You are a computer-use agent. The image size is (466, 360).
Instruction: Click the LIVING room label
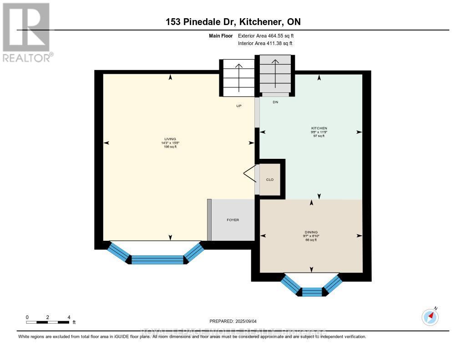tap(170, 139)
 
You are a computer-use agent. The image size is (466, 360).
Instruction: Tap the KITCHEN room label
tap(322, 128)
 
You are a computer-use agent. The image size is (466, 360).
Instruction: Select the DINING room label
tap(312, 232)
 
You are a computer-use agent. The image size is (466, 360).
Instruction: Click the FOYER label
tap(233, 220)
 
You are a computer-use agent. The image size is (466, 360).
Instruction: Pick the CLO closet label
tap(270, 180)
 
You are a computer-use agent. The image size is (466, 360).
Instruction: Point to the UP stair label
tap(238, 106)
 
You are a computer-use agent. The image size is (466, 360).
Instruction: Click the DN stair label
tap(275, 102)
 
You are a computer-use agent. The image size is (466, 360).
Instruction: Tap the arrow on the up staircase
tap(238, 77)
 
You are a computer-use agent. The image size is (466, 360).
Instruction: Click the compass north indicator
tap(430, 316)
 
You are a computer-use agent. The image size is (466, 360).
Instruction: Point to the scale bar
tap(48, 322)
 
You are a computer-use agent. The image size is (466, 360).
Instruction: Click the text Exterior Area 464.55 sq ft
tap(268, 35)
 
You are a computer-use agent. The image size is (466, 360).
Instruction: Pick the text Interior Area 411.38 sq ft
tap(265, 43)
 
